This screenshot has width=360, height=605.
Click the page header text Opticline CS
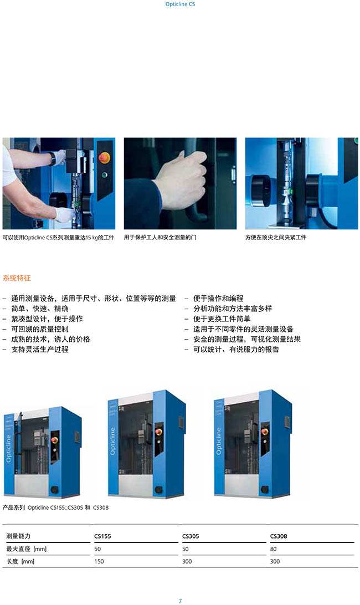point(180,4)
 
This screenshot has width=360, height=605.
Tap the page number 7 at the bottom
point(180,601)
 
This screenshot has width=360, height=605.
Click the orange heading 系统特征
point(17,278)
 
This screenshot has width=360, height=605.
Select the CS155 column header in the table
point(102,536)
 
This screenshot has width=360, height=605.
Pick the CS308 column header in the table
point(279,536)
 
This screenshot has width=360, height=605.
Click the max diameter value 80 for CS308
point(273,548)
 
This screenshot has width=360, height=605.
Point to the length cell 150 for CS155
point(99,561)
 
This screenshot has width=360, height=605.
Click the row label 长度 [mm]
point(20,561)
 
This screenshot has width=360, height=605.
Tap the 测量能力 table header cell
point(18,536)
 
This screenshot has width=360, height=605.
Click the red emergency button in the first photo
point(104,157)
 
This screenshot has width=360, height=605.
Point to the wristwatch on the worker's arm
point(53,158)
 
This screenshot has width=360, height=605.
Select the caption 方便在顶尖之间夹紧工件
point(276,237)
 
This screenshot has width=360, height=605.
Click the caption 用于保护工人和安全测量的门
point(160,237)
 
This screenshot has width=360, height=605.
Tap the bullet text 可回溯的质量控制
point(40,329)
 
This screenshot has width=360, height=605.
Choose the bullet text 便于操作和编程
point(218,298)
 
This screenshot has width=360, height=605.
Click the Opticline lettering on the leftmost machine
point(8,448)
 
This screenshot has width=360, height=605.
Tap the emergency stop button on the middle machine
point(158,431)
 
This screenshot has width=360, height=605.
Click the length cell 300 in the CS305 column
point(187,561)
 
